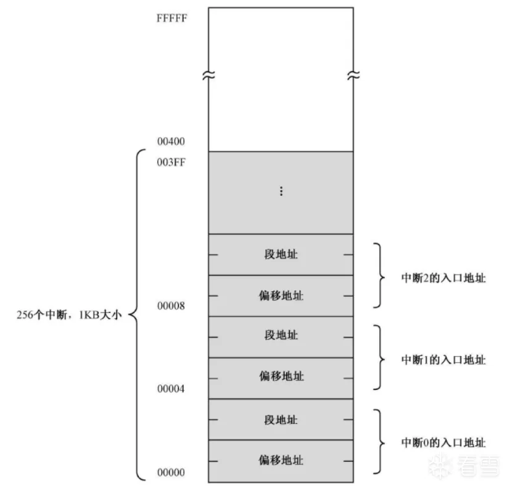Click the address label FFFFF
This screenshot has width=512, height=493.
[172, 17]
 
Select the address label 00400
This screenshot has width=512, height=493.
[171, 141]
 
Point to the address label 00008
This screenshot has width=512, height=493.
[171, 306]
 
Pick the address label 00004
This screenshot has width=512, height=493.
[171, 389]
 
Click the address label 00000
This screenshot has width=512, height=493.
[171, 473]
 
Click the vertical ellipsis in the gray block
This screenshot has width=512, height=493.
[281, 192]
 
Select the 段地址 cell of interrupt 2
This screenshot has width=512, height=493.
[281, 254]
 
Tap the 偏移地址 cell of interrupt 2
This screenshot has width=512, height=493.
[281, 296]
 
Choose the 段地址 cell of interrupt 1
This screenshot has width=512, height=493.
[281, 336]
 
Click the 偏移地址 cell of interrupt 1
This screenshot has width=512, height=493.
[281, 377]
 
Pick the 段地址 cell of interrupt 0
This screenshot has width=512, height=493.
[281, 420]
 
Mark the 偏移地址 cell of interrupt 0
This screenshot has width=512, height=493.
[281, 460]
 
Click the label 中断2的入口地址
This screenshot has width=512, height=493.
[444, 278]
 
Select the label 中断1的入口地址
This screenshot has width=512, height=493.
[444, 360]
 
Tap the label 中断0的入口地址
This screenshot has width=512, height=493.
[444, 442]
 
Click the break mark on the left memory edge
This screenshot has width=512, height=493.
[209, 77]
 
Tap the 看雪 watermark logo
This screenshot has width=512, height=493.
[466, 464]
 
